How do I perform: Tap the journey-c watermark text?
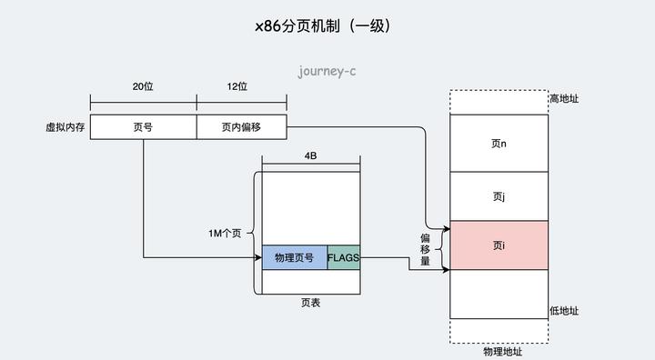click(x=327, y=70)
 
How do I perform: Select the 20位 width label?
click(x=142, y=86)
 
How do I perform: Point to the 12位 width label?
click(x=236, y=86)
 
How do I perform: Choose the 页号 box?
click(x=143, y=127)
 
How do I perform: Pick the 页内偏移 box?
click(x=241, y=127)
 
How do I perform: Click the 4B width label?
click(x=310, y=156)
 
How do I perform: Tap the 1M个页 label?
click(x=224, y=234)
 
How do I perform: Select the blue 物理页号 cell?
click(x=294, y=258)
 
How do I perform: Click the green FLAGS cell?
click(x=343, y=258)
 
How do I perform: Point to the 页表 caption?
click(x=310, y=303)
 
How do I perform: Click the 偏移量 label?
click(x=424, y=248)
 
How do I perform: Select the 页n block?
click(x=499, y=143)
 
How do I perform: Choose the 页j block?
click(x=499, y=195)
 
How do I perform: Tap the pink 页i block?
click(x=499, y=245)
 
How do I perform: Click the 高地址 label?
click(x=564, y=98)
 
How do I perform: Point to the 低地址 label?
click(x=564, y=311)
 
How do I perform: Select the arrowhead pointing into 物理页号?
click(x=258, y=258)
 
